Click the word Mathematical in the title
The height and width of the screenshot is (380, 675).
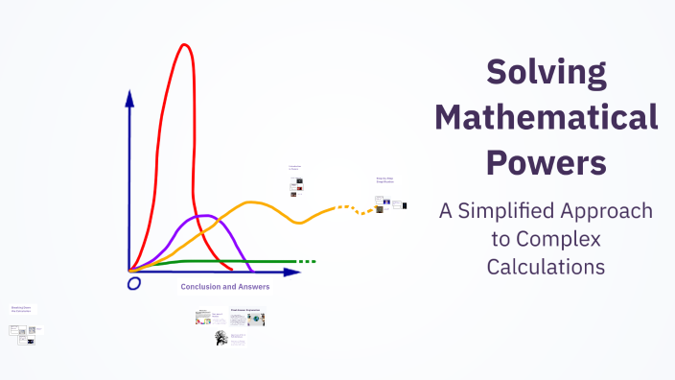pyautogui.click(x=547, y=118)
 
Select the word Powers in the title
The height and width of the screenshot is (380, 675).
pyautogui.click(x=547, y=160)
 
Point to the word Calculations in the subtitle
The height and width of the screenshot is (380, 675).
pyautogui.click(x=546, y=266)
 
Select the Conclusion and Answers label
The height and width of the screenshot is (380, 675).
pyautogui.click(x=225, y=286)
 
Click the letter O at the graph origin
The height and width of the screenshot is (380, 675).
pyautogui.click(x=134, y=283)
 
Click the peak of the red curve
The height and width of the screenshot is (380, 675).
pyautogui.click(x=182, y=46)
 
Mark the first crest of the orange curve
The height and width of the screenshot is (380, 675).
pyautogui.click(x=252, y=202)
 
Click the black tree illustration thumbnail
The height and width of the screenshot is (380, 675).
pyautogui.click(x=221, y=338)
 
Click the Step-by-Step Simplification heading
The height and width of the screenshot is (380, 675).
pyautogui.click(x=385, y=179)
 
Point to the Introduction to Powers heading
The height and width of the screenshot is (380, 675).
pyautogui.click(x=295, y=167)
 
